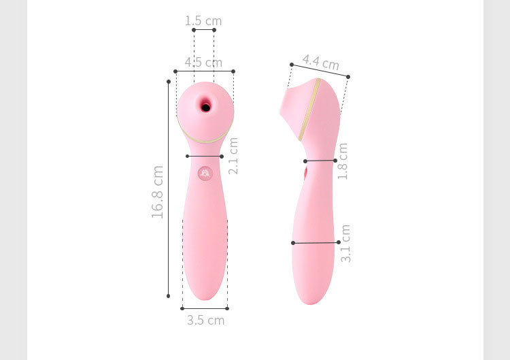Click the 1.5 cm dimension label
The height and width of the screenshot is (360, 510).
203,21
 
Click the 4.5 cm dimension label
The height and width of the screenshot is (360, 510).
203,62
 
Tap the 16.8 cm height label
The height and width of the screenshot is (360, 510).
158,192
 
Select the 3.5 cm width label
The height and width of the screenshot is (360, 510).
206,321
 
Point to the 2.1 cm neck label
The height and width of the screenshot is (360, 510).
233,156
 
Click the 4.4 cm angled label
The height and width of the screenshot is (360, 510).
321,62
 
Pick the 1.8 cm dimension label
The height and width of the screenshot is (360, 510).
343,161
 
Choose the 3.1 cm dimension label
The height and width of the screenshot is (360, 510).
345,244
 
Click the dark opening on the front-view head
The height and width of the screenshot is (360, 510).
205,107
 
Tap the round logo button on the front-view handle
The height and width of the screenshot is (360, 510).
205,174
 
